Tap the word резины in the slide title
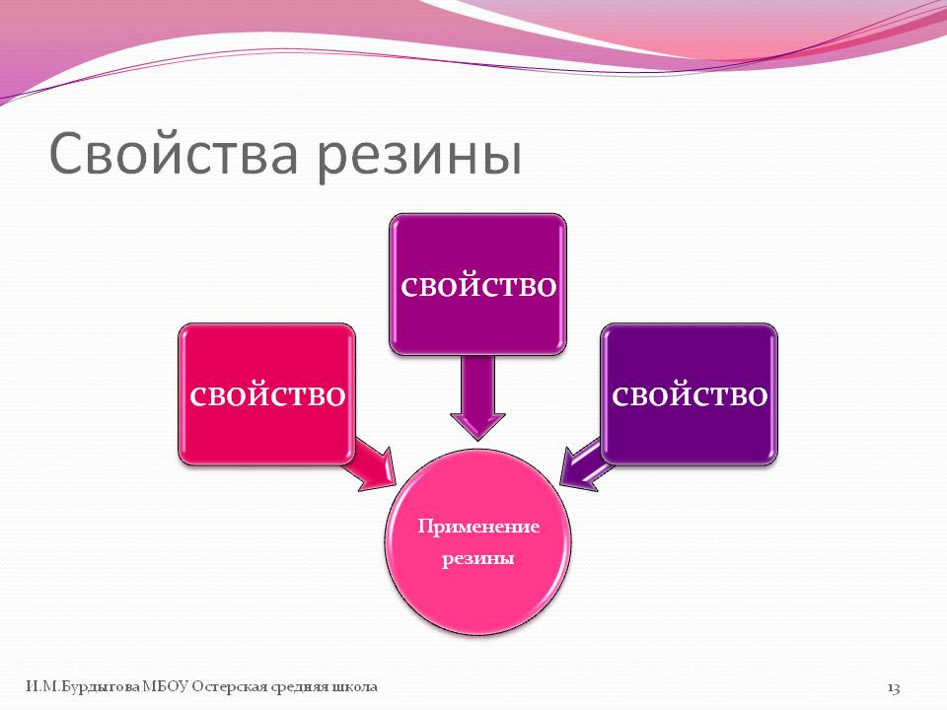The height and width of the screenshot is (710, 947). pos(419,158)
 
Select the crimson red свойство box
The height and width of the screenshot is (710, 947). pos(266,393)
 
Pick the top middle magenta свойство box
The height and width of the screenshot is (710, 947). pos(477,284)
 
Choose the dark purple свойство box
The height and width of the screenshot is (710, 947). pos(690,393)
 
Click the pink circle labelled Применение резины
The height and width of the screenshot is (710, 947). pos(477,541)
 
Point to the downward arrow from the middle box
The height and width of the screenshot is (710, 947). pos(477,396)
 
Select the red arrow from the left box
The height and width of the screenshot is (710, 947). pos(375,463)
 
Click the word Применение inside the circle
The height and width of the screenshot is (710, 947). pos(478,527)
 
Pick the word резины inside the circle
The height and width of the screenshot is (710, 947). pos(477,558)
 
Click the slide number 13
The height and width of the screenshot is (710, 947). pos(894,687)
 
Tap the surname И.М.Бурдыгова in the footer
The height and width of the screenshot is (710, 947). pos(83,687)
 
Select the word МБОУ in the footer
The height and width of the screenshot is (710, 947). pos(165,687)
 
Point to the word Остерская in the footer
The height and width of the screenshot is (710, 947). pos(230,687)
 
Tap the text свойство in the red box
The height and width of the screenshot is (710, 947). pos(267,396)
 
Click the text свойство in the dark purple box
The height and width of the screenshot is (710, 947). pos(690,396)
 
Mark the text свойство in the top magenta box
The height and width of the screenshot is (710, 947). pos(478,286)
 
